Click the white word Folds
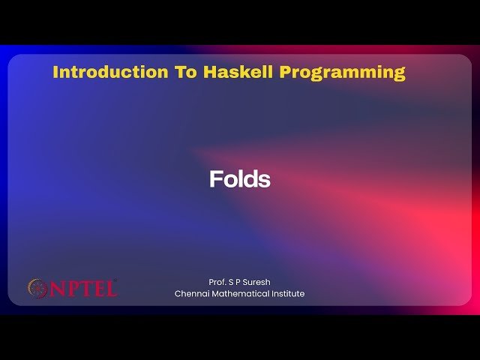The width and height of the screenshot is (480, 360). click(239, 180)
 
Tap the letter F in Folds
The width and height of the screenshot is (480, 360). click(215, 180)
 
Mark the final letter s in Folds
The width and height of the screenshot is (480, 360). click(265, 181)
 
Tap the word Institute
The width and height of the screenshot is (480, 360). click(287, 294)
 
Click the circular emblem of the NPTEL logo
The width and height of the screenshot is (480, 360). click(37, 288)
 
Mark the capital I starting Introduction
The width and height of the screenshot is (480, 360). click(56, 73)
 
